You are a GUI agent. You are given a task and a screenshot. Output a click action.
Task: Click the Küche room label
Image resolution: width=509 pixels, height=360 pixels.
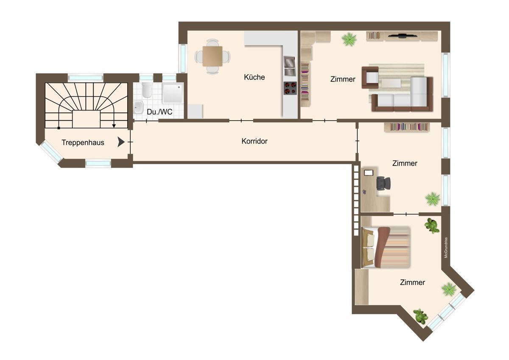pos(254,77)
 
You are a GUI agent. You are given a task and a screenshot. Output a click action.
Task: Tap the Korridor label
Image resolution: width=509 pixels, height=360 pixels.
pos(255,141)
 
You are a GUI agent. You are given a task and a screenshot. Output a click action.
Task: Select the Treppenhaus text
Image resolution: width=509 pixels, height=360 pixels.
pos(83,143)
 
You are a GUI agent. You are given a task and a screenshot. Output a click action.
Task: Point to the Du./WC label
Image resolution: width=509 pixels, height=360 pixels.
pos(159,112)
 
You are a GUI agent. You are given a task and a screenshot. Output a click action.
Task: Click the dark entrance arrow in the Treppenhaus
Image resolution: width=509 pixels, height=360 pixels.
pos(120,142)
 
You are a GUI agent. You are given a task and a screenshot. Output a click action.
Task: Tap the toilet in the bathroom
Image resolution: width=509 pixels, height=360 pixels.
pos(147,90)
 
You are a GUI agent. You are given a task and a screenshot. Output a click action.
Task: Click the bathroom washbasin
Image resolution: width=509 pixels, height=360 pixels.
pos(139,107)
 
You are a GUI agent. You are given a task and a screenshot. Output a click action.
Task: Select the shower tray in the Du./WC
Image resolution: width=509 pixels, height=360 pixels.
pos(173,93)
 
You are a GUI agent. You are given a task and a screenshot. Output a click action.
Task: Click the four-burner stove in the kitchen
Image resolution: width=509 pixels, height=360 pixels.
pos(290,88)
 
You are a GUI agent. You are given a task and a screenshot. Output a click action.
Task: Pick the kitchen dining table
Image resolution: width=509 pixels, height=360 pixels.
pos(213,56)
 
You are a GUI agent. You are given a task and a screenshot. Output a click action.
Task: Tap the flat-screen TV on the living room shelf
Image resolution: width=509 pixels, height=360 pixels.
pos(403,35)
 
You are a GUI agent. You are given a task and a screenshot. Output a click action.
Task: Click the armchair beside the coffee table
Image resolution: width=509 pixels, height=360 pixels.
pos(370,77)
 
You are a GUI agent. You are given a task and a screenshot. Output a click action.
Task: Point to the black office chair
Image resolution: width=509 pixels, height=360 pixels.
pos(383,183)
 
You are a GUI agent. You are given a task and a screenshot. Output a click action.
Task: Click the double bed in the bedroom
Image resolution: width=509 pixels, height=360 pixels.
pos(386,247)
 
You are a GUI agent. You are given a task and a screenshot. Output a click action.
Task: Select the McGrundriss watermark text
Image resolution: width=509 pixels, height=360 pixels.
pos(446,247)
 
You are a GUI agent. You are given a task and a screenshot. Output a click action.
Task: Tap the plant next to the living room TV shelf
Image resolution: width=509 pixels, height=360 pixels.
pos(349,39)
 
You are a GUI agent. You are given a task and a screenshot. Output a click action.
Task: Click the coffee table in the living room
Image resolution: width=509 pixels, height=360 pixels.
pos(391,83)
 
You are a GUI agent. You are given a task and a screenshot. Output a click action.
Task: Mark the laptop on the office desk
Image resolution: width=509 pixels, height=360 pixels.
pos(369,173)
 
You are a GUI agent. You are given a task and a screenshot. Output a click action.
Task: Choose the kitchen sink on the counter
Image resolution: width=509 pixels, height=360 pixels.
pos(290,66)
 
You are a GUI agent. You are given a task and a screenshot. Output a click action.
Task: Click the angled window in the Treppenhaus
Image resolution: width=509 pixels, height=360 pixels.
pos(51,151)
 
